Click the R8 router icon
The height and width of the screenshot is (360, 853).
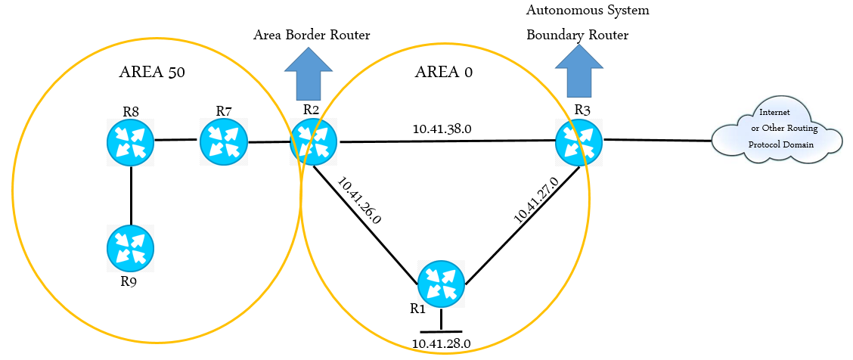coord(131,141)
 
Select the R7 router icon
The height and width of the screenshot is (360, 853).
coord(224,141)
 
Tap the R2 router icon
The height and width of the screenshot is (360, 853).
coord(314,141)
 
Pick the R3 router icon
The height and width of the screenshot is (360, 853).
coord(578,141)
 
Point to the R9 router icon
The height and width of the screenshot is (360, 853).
coord(131,248)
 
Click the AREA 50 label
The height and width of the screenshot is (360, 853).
coord(152,73)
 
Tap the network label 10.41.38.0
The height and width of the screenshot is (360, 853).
coord(442,129)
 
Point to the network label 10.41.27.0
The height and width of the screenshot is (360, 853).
coord(536,200)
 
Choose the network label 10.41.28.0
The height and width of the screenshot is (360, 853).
coord(442,343)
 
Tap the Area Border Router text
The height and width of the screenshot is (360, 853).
coord(312,35)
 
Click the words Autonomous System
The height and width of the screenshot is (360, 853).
coord(588,11)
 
